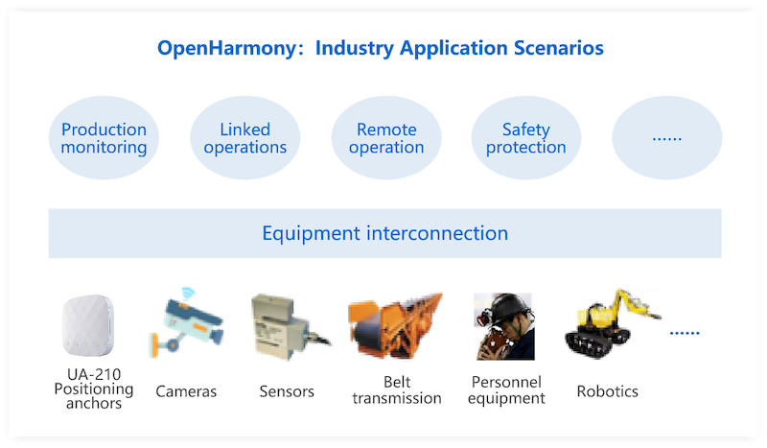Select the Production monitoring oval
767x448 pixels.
click(104, 138)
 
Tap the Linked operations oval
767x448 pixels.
click(244, 138)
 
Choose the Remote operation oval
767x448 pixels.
click(386, 138)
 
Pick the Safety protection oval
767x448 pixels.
click(526, 138)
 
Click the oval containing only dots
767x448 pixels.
click(666, 138)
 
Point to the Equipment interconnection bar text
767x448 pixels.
click(384, 233)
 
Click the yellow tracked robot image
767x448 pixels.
click(611, 321)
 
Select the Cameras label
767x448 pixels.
click(186, 391)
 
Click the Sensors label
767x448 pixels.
click(288, 391)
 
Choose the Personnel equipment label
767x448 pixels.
click(506, 390)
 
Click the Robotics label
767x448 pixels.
click(607, 391)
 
